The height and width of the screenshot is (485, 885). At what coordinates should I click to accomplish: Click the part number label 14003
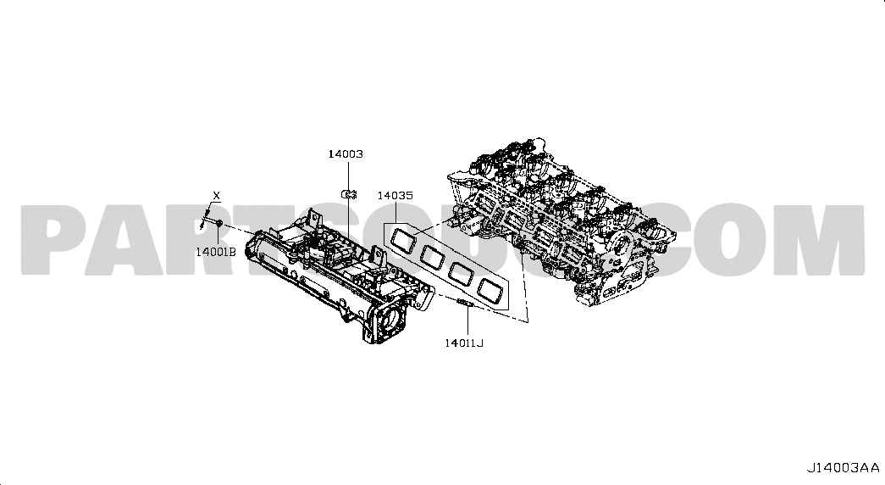point(346,153)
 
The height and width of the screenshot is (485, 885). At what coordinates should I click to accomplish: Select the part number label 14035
point(395,196)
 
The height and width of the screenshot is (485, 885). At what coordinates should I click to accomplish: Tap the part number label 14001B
point(216,252)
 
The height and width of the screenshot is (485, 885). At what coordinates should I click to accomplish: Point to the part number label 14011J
point(464,343)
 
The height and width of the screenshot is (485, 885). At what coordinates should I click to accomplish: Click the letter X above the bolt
point(216,196)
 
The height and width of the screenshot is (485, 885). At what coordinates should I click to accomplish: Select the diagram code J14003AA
point(843,468)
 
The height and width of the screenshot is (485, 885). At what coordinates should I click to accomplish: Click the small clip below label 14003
point(349,194)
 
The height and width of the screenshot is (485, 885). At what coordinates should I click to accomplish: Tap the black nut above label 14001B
point(219,222)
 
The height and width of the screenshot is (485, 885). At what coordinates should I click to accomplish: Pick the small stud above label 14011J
point(463,304)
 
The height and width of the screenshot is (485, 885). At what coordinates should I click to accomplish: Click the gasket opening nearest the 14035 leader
point(402,238)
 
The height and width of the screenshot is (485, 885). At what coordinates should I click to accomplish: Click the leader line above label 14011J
point(467,321)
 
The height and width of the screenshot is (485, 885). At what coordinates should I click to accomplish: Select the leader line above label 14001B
point(218,237)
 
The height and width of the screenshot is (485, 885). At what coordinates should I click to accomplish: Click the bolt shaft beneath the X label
point(206,218)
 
